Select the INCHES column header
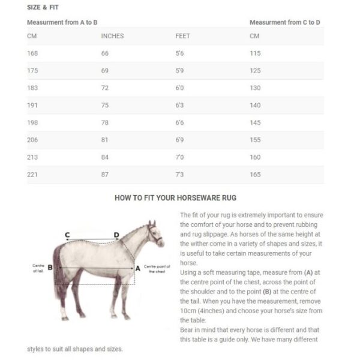pyautogui.click(x=112, y=36)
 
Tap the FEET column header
pyautogui.click(x=182, y=36)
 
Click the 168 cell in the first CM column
pyautogui.click(x=32, y=53)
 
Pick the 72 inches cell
pyautogui.click(x=105, y=88)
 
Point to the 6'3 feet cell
pyautogui.click(x=180, y=106)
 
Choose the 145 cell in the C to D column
pyautogui.click(x=255, y=123)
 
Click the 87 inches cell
pyautogui.click(x=105, y=175)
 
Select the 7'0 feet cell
pyautogui.click(x=180, y=157)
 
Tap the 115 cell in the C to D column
pyautogui.click(x=255, y=53)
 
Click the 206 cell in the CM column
pyautogui.click(x=32, y=140)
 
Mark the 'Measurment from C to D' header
pyautogui.click(x=284, y=22)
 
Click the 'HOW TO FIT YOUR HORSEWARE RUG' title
pyautogui.click(x=175, y=197)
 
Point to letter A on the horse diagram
pyautogui.click(x=137, y=268)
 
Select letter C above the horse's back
pyautogui.click(x=67, y=235)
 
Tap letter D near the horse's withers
pyautogui.click(x=116, y=235)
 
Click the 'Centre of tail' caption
pyautogui.click(x=38, y=268)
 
